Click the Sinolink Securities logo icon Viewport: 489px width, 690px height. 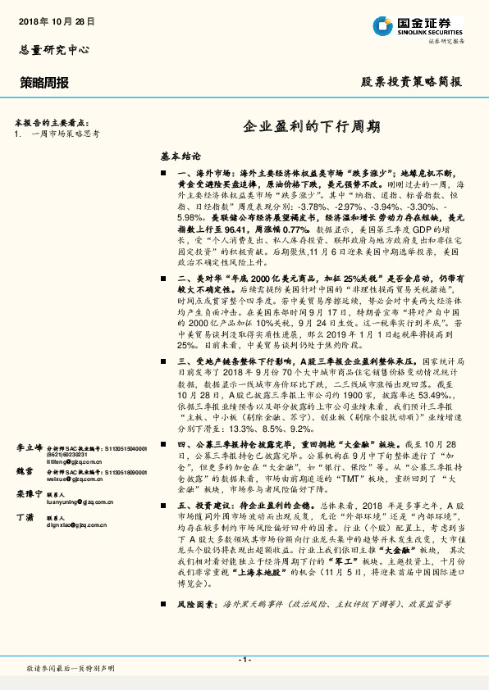383,25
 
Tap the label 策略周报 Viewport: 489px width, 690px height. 44,82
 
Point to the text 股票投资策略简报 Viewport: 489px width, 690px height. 411,82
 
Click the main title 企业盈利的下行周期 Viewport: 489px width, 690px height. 312,127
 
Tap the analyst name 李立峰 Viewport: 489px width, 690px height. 29,448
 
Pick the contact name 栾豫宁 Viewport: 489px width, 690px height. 29,494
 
